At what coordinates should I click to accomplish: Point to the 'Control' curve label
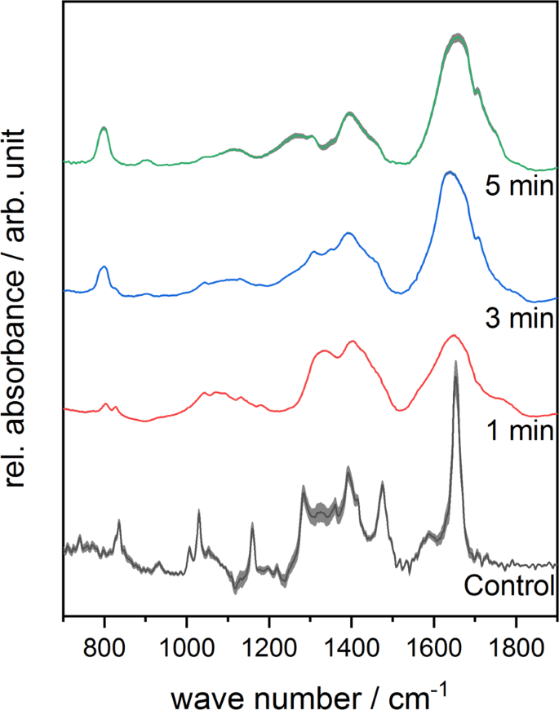509,584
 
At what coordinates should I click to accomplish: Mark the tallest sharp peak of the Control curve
455,362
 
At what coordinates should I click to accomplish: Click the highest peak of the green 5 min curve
458,37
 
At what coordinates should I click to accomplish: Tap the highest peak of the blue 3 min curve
447,173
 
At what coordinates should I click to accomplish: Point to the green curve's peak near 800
104,128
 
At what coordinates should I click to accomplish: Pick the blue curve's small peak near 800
104,267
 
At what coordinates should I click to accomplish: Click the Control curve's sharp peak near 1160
252,524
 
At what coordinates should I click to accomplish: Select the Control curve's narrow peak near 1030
198,511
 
